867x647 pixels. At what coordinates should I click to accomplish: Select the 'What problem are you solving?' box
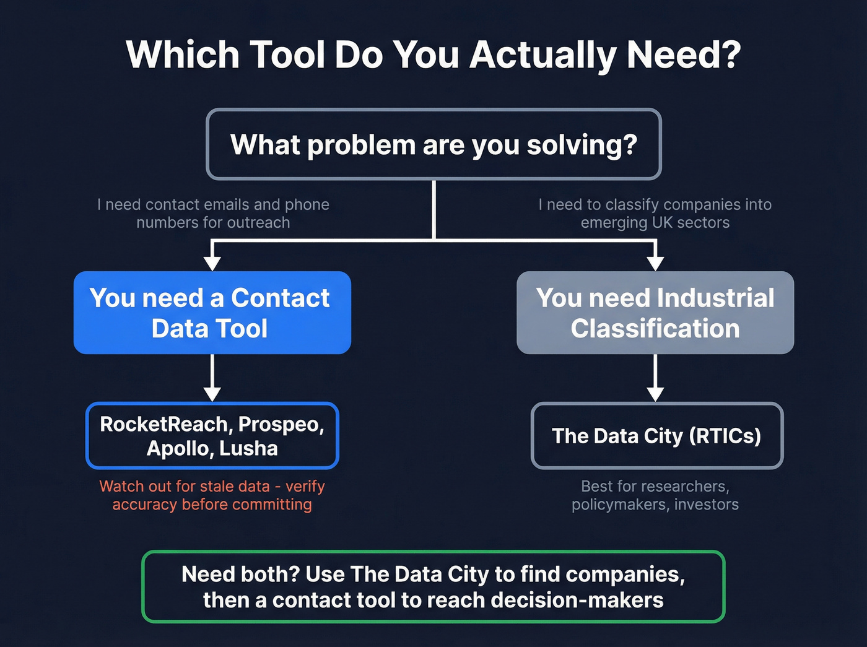pyautogui.click(x=434, y=144)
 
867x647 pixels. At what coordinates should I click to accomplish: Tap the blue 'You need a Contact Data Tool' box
pyautogui.click(x=212, y=313)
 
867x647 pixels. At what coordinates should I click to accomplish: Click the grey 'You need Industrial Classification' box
pyautogui.click(x=655, y=313)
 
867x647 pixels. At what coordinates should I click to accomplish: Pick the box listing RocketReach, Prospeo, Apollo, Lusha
pyautogui.click(x=212, y=436)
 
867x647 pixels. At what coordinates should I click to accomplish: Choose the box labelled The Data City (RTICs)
pyautogui.click(x=656, y=436)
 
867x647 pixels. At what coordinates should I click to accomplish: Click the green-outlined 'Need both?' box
pyautogui.click(x=434, y=586)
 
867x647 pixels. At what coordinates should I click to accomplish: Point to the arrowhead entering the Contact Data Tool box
pyautogui.click(x=212, y=263)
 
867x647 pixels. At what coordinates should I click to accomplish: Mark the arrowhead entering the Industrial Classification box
pyautogui.click(x=655, y=263)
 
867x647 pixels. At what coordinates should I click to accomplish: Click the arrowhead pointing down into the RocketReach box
pyautogui.click(x=212, y=393)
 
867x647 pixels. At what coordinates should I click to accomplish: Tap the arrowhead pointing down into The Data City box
pyautogui.click(x=655, y=393)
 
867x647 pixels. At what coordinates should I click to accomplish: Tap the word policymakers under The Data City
pyautogui.click(x=620, y=505)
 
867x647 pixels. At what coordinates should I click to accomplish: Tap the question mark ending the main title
pyautogui.click(x=730, y=55)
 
